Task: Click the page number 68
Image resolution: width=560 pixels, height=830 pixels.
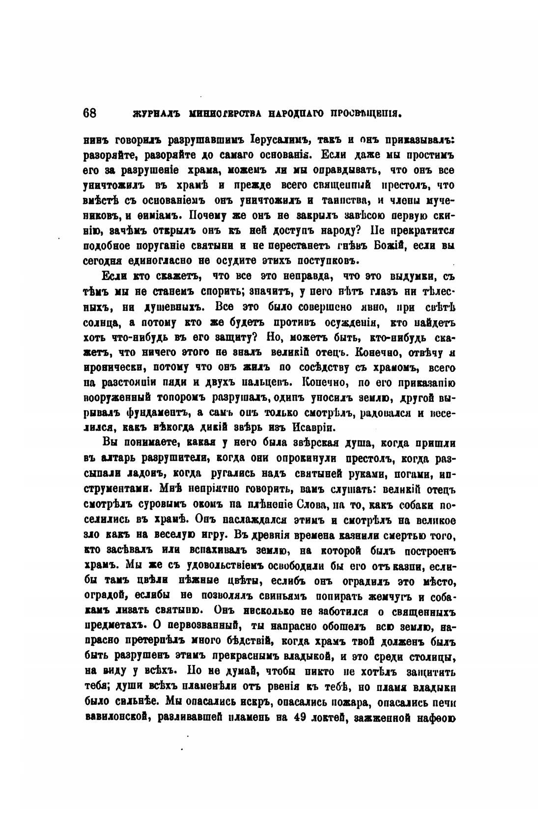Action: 90,112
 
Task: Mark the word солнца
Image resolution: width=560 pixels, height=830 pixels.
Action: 102,322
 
